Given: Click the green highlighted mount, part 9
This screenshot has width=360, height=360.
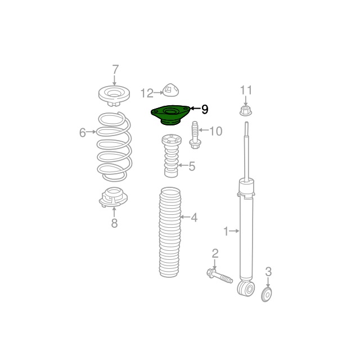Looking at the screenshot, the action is (x=170, y=115).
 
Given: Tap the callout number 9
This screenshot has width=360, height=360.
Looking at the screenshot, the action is (x=205, y=109).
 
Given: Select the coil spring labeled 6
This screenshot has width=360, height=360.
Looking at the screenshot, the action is (x=114, y=146).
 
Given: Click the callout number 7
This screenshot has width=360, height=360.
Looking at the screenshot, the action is (x=115, y=69).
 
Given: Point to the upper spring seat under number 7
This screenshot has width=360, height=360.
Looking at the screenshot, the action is (x=114, y=96).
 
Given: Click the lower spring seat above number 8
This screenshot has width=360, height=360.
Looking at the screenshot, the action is (x=113, y=197).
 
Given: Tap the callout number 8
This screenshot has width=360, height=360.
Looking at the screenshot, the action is (x=114, y=223).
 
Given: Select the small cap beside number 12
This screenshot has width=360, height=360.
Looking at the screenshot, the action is (x=171, y=89).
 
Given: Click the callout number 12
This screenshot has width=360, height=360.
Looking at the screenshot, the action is (x=147, y=93).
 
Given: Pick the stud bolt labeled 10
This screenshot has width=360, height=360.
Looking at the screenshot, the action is (x=195, y=135).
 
